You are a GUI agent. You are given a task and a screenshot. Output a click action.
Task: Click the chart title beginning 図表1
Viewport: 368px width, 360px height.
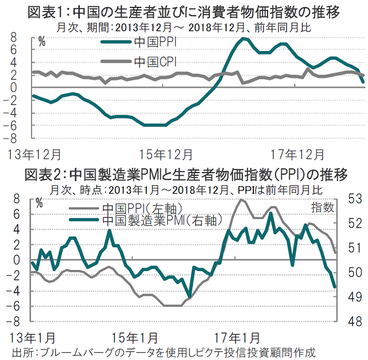pyautogui.click(x=184, y=10)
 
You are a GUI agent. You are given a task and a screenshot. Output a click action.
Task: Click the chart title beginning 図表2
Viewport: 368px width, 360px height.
pyautogui.click(x=184, y=174)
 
